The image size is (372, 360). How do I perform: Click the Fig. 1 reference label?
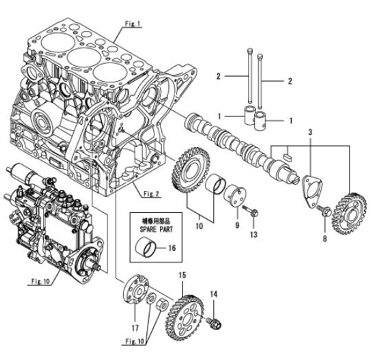(132, 24)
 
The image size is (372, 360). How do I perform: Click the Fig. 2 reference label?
(151, 193)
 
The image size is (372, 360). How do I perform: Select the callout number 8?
(325, 238)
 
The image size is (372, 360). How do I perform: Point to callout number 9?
(238, 225)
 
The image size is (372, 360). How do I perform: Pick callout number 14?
(214, 294)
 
